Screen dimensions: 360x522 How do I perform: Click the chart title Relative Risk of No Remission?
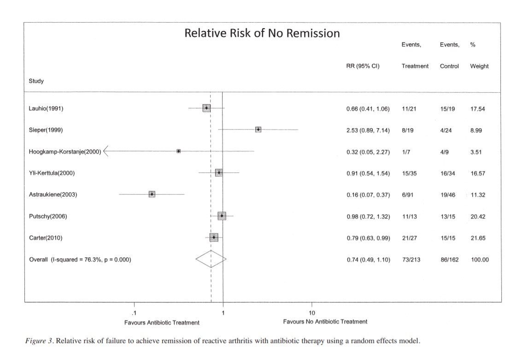pyautogui.click(x=262, y=33)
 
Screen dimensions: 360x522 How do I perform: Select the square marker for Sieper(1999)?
pyautogui.click(x=258, y=130)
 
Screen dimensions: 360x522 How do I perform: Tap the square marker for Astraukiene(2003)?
pyautogui.click(x=152, y=194)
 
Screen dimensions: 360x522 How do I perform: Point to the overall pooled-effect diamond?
pyautogui.click(x=211, y=260)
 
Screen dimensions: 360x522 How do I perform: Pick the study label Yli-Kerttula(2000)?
pyautogui.click(x=52, y=173)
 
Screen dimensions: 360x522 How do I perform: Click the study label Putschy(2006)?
pyautogui.click(x=48, y=216)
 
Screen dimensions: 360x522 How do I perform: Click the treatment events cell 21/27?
pyautogui.click(x=408, y=238)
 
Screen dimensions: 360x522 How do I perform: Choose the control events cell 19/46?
pyautogui.click(x=447, y=195)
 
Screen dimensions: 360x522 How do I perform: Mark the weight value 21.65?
pyautogui.click(x=477, y=238)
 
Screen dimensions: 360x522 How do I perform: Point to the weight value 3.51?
pyautogui.click(x=476, y=152)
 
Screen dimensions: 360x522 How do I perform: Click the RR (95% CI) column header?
pyautogui.click(x=363, y=66)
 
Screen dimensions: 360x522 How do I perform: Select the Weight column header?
pyautogui.click(x=479, y=66)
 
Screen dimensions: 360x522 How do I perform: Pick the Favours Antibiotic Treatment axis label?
pyautogui.click(x=162, y=322)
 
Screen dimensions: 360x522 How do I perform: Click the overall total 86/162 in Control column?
pyautogui.click(x=449, y=260)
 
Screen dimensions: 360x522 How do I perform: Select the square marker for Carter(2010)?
pyautogui.click(x=214, y=237)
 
